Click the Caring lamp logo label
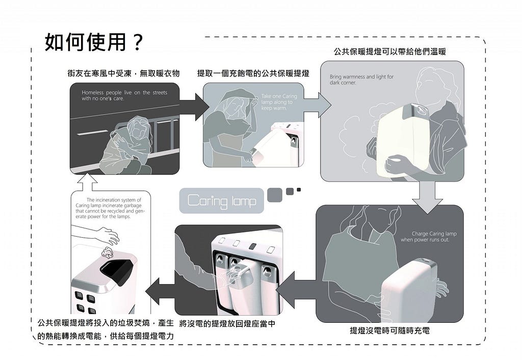[x=222, y=200]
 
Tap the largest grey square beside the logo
[x=275, y=194]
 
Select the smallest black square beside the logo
[x=299, y=190]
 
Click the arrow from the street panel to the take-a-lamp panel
[x=193, y=107]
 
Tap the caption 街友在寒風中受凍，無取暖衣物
[x=123, y=73]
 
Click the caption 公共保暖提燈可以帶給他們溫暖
[x=390, y=52]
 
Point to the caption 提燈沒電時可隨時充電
[x=389, y=330]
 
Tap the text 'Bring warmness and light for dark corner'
[x=361, y=80]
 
